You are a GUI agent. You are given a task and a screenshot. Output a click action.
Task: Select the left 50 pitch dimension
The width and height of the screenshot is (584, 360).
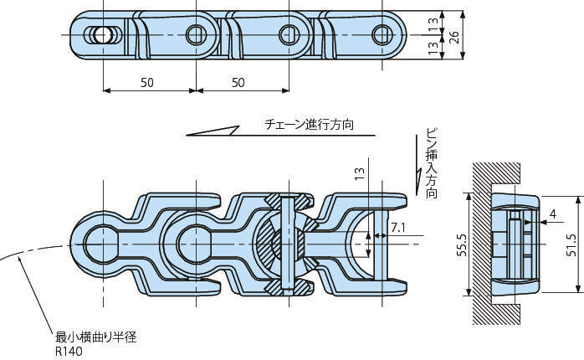[147, 82]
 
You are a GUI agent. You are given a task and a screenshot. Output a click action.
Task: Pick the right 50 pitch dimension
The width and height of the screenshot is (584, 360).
[239, 82]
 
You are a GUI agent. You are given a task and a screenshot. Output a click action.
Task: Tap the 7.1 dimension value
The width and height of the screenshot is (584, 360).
[399, 226]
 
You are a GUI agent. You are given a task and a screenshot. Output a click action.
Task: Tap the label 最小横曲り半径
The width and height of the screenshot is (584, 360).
[95, 337]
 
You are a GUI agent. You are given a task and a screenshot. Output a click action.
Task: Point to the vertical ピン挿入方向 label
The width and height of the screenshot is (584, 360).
[432, 163]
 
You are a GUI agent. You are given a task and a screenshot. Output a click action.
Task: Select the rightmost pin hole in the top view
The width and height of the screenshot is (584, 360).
[382, 34]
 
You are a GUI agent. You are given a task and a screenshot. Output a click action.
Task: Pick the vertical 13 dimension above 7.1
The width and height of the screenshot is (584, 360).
[359, 174]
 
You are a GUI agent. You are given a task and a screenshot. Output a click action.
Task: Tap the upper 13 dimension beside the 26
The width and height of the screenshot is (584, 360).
[433, 23]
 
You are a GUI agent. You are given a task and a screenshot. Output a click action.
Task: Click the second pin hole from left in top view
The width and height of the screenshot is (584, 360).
[196, 34]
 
